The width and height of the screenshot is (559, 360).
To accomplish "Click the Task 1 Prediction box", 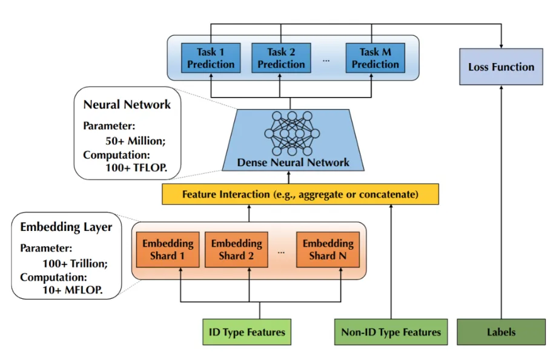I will point(211,58).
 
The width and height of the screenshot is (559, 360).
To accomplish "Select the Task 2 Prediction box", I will point(280,58).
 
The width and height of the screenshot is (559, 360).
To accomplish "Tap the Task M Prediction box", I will point(375,58).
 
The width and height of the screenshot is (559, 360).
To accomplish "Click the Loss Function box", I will point(501,67).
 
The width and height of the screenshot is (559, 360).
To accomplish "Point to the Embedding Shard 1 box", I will point(168,249).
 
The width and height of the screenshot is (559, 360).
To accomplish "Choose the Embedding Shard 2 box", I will point(236,249).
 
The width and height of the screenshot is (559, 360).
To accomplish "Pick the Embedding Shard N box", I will point(328,249).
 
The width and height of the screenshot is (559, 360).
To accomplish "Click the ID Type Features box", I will point(248,332).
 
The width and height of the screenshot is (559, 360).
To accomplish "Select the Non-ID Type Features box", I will point(391,332).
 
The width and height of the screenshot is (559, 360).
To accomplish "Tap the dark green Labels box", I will point(501,332).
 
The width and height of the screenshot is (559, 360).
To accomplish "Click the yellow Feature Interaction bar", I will point(300,195).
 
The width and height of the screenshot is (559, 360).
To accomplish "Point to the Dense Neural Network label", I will point(293,162).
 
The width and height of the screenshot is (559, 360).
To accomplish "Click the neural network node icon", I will point(293,133).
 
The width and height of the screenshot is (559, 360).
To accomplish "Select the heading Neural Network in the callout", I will point(127,104).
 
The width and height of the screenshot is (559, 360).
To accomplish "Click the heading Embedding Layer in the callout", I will point(66,227).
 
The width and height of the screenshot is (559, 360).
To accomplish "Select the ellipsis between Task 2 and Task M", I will point(326,59).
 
